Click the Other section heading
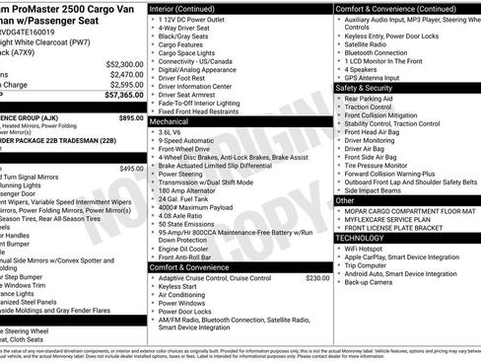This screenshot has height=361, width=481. [346, 200]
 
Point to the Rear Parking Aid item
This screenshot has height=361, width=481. [370, 99]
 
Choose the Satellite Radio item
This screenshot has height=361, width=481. [367, 44]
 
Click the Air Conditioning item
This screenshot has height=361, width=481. [183, 295]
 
